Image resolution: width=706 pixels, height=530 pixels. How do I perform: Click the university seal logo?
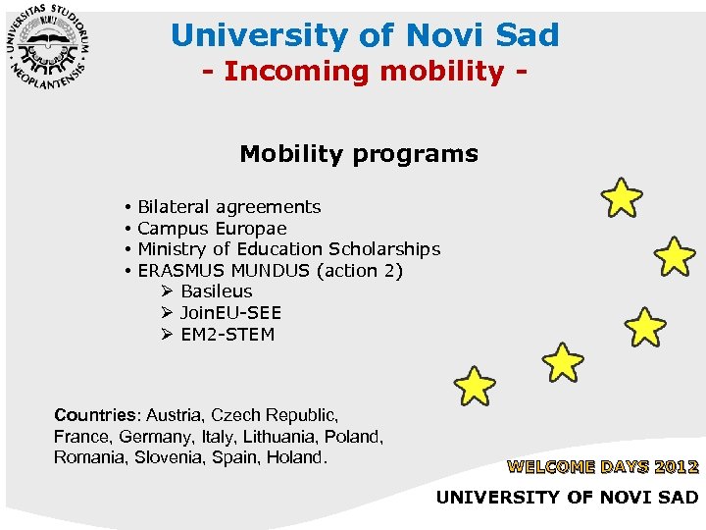point(49,49)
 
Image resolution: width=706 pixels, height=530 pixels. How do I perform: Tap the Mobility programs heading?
point(359,154)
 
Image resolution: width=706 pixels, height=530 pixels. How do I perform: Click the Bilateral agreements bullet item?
point(228,207)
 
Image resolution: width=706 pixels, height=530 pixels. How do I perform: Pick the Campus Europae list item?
point(212,229)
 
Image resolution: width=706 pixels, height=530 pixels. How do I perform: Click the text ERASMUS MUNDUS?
point(217,271)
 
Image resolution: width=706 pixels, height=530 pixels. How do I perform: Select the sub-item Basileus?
point(216,291)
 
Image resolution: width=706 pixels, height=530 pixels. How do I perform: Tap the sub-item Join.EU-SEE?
point(230,313)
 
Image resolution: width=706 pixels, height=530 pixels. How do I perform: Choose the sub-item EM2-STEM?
point(227,335)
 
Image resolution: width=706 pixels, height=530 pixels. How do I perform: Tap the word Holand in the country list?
point(295,457)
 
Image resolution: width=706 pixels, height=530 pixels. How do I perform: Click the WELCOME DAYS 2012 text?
point(602,467)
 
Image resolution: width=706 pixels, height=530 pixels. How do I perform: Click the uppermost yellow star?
point(622,197)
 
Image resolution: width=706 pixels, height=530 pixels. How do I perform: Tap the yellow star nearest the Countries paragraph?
point(475,386)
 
